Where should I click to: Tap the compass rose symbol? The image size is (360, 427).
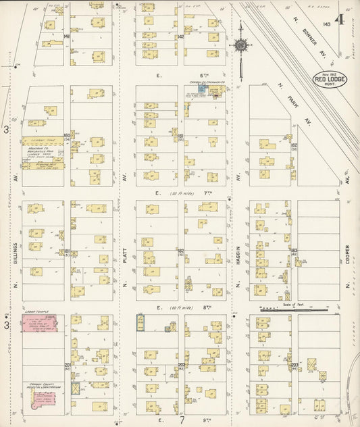(240, 47)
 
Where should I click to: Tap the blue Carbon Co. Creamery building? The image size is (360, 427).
(201, 89)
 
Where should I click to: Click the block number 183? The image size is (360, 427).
(294, 251)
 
